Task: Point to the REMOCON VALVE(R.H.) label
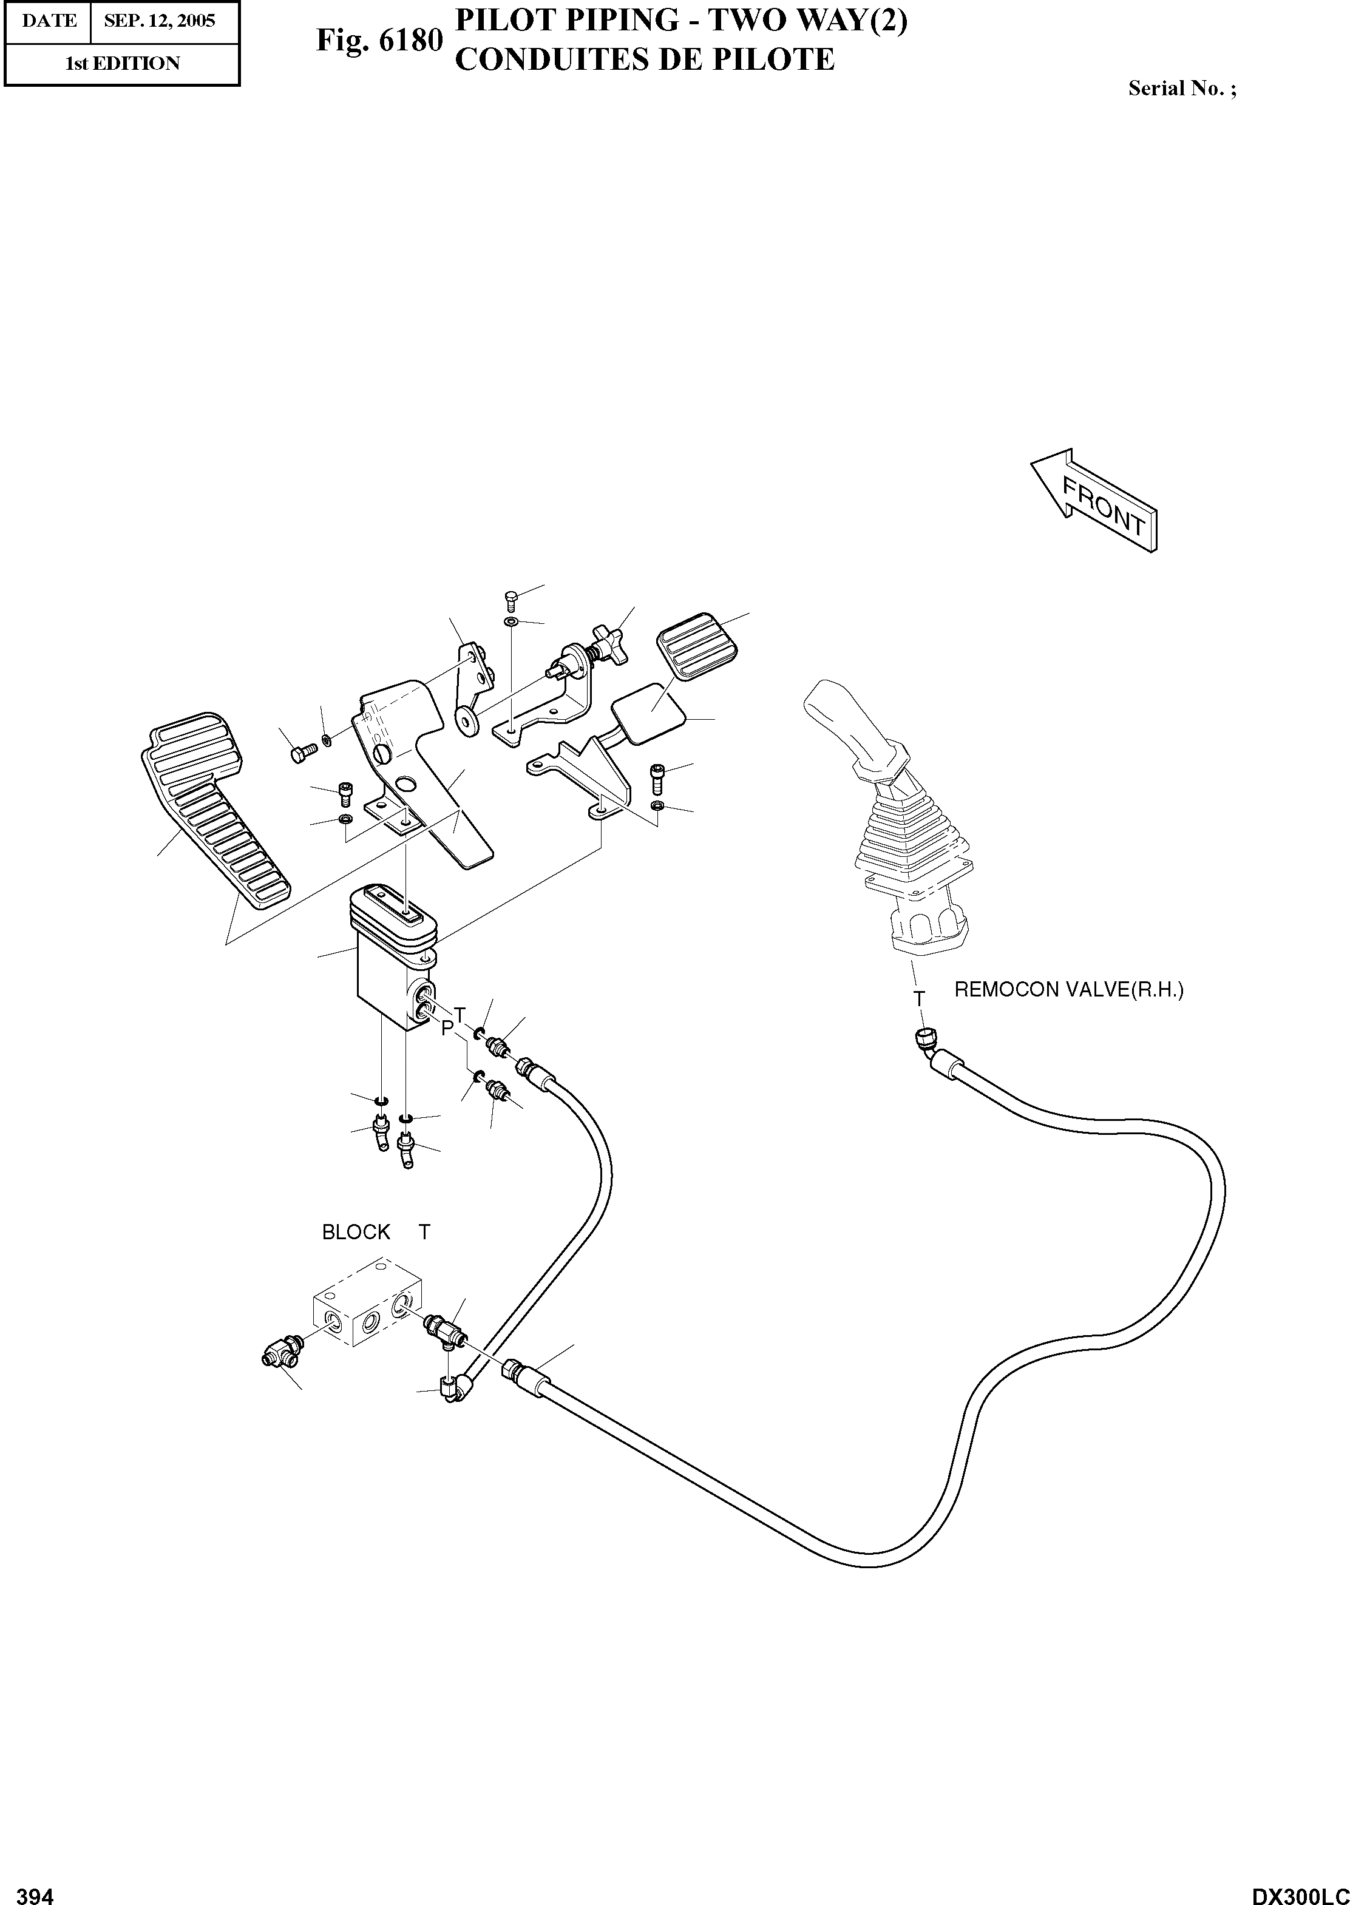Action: tap(1068, 989)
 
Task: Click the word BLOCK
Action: tap(356, 1232)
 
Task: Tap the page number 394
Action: tap(36, 1889)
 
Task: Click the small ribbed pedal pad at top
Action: tap(697, 646)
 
